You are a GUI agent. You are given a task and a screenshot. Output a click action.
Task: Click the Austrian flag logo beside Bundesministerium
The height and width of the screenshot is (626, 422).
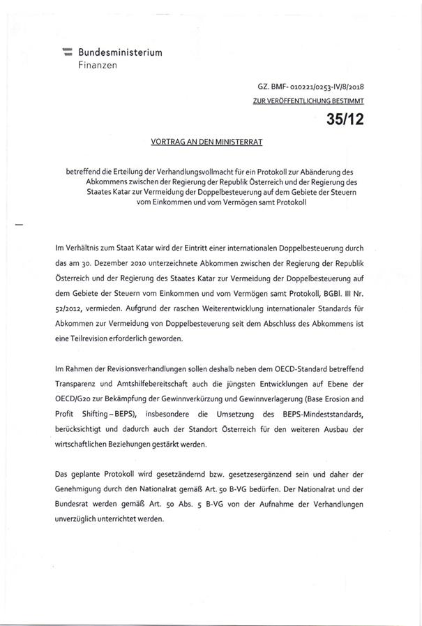tap(68, 53)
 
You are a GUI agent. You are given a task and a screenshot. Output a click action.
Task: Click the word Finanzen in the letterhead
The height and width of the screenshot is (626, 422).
tap(98, 65)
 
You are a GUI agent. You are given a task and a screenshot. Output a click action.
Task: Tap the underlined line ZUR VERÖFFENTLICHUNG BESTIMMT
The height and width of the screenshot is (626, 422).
tap(308, 100)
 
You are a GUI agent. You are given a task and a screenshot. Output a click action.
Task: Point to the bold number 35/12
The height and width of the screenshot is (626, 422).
tap(345, 119)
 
